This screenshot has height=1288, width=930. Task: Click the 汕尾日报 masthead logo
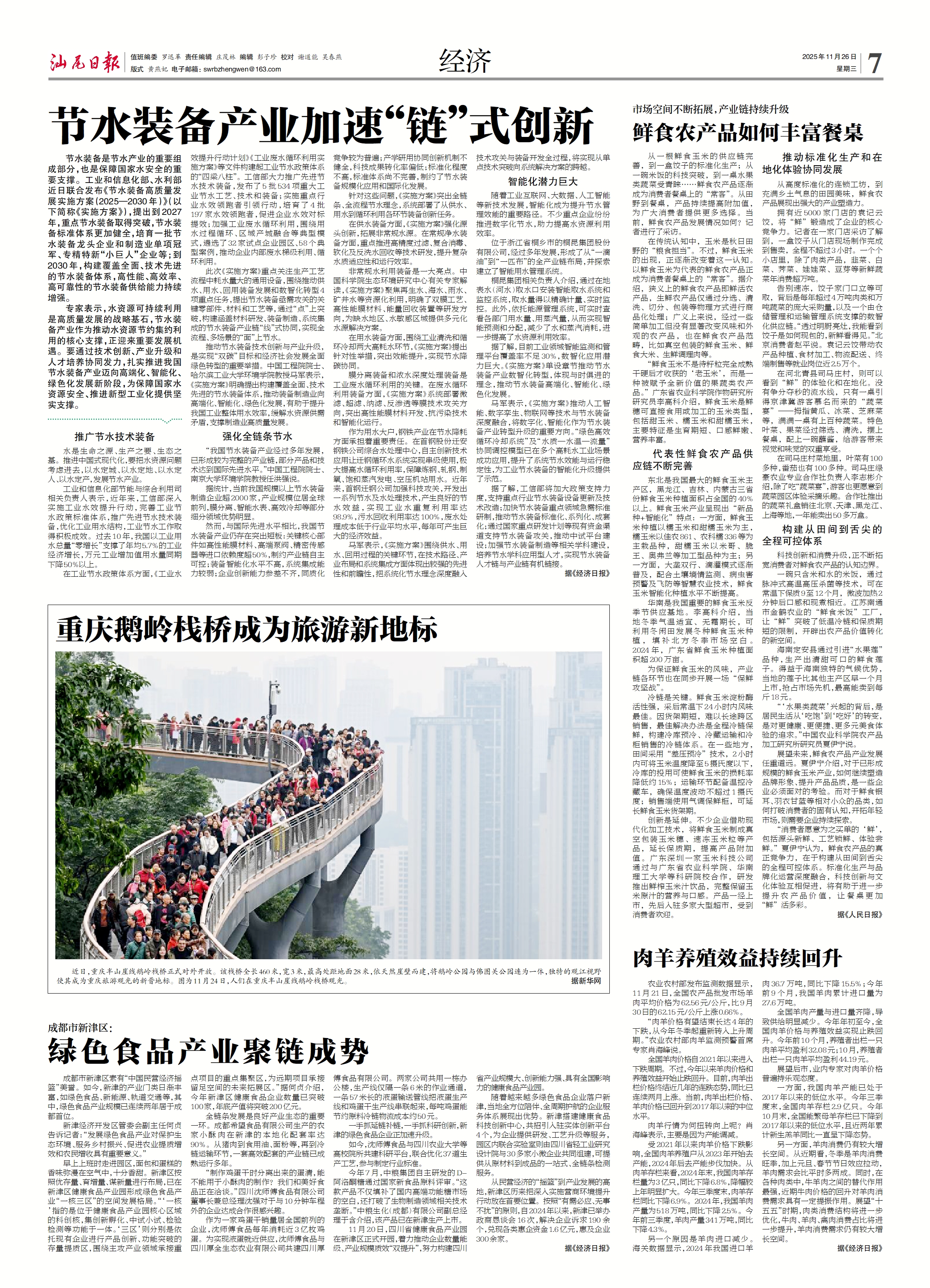[84, 62]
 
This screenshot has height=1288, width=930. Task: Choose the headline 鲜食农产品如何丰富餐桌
[748, 133]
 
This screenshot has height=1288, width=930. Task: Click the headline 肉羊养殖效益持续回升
[737, 958]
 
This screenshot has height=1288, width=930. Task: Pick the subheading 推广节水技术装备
[115, 437]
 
